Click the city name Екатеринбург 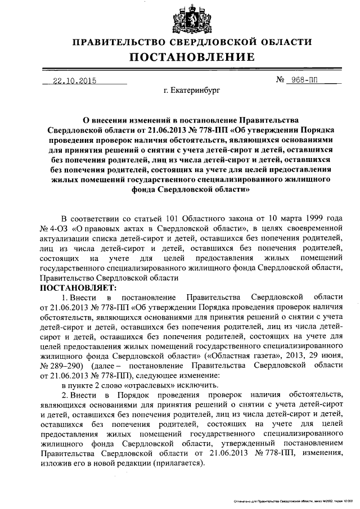coord(191,90)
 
